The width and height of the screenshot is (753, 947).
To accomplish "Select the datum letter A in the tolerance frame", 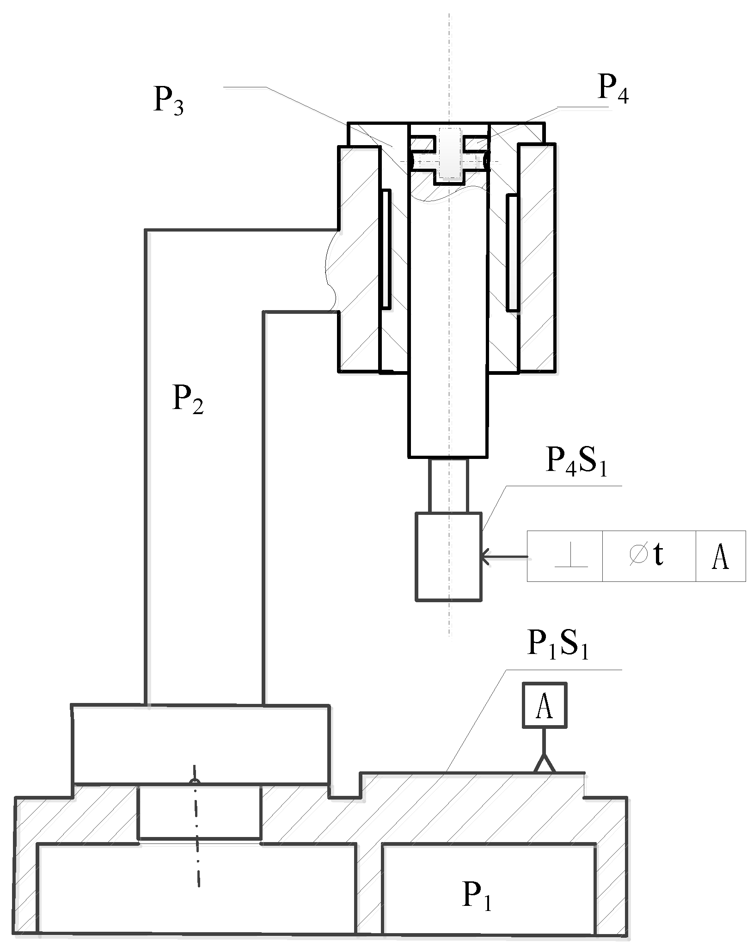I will pos(721,556).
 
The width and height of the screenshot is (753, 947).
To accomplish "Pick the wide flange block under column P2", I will pos(201,744).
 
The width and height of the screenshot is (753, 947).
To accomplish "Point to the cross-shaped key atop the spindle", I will pos(448,154).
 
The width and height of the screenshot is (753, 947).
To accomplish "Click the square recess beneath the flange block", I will pos(200,812).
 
